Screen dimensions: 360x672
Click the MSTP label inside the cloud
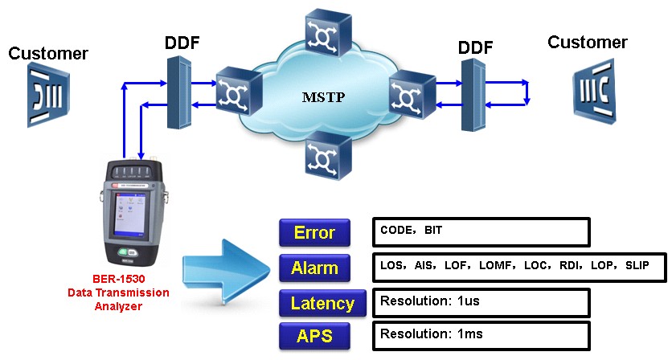click(x=322, y=98)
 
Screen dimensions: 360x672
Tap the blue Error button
click(x=314, y=233)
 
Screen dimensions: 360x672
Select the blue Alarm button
click(x=314, y=268)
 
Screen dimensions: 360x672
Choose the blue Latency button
click(x=322, y=303)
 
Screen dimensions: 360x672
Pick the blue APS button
click(x=314, y=335)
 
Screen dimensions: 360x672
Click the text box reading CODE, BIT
click(x=481, y=231)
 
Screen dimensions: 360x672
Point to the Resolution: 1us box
click(x=481, y=303)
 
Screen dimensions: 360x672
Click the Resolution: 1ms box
click(x=481, y=335)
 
